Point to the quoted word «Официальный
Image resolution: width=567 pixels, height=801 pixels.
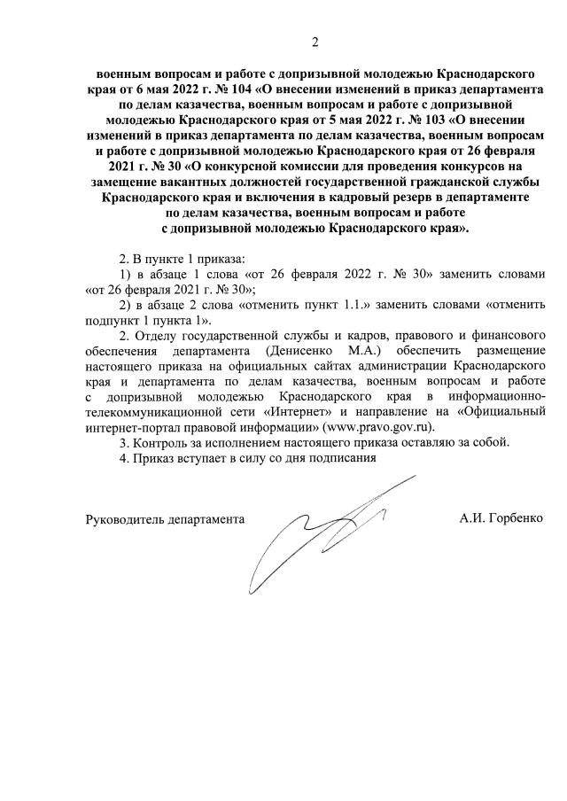[x=505, y=411]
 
